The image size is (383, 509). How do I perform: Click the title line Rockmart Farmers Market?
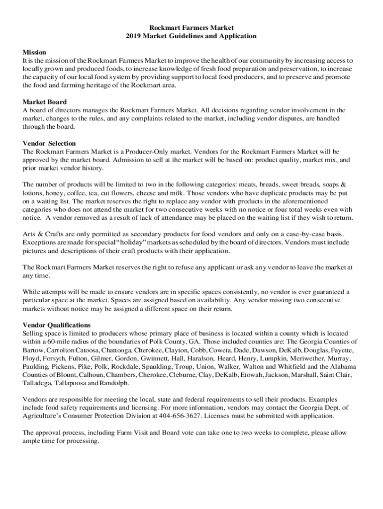191,27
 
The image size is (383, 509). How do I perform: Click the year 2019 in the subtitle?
133,36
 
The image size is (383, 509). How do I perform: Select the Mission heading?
34,52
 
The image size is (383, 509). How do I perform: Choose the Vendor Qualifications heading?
56,325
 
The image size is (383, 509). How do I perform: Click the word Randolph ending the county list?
114,383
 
